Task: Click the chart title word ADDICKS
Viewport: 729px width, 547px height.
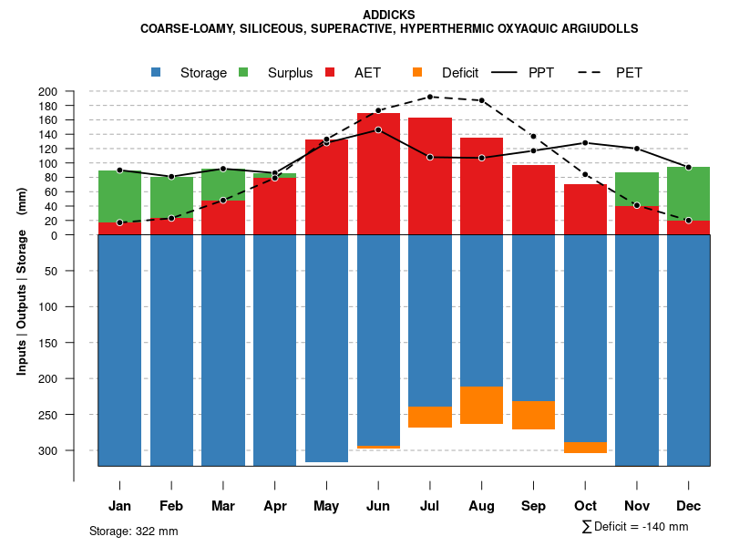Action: tap(389, 15)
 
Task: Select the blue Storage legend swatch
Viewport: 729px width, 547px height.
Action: tap(156, 72)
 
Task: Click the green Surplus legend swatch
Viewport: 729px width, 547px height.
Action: tap(243, 72)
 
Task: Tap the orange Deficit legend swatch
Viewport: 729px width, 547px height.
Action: tap(417, 72)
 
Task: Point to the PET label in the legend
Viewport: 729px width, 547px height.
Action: tap(629, 73)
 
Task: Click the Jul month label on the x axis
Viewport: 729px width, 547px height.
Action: tap(430, 506)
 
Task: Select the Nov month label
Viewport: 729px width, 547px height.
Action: tap(637, 506)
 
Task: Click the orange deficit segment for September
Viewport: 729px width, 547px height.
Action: tap(533, 415)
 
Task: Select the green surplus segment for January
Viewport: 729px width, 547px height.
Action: tap(119, 196)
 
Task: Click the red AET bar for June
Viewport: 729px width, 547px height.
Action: tap(378, 173)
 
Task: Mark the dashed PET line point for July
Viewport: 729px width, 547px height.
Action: tap(430, 97)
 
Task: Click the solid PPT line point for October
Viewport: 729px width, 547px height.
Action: tap(585, 142)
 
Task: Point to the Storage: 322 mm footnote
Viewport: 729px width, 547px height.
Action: tap(134, 531)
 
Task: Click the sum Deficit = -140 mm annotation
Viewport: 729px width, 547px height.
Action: tap(634, 527)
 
